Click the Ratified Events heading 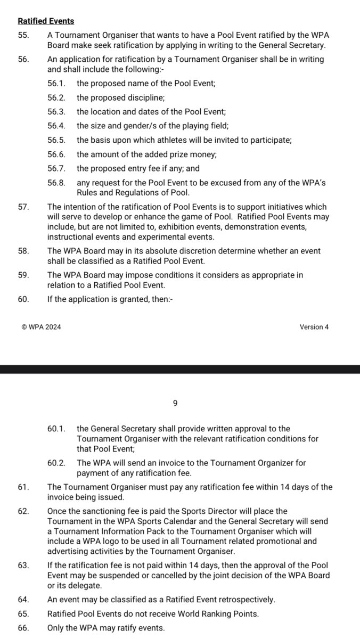(x=46, y=21)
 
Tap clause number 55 (x=23, y=35)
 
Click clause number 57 (x=23, y=207)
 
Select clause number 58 (x=23, y=251)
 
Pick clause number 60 (x=23, y=299)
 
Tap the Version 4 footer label (x=314, y=327)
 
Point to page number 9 (x=175, y=404)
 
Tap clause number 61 (x=23, y=487)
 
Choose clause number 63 (x=23, y=566)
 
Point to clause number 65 (x=23, y=614)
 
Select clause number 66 (x=23, y=628)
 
